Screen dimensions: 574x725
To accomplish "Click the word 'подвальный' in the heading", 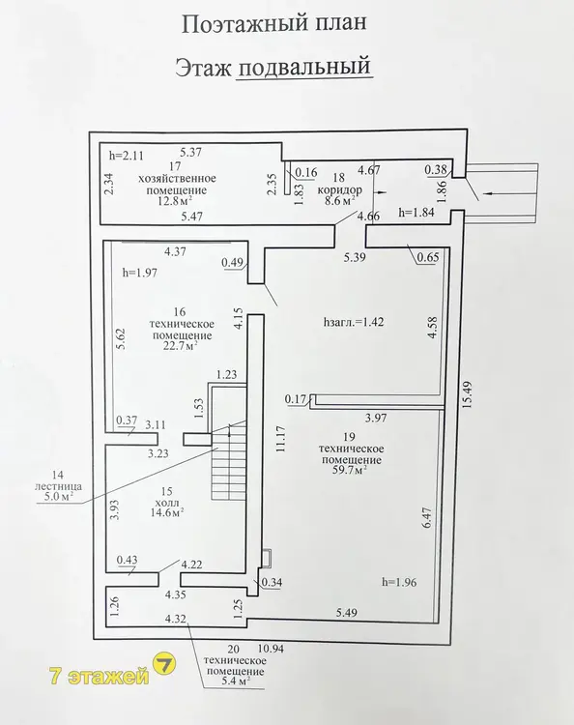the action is pyautogui.click(x=305, y=67).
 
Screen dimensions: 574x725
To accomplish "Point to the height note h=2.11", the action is pyautogui.click(x=127, y=156).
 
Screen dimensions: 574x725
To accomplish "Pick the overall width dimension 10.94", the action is pyautogui.click(x=272, y=649).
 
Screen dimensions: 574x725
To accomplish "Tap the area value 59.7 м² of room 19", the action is pyautogui.click(x=350, y=471).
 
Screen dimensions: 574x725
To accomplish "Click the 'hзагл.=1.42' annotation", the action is pyautogui.click(x=354, y=322).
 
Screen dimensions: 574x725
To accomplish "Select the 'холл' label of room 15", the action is pyautogui.click(x=167, y=502).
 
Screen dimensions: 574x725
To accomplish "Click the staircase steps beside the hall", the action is pyautogui.click(x=228, y=461).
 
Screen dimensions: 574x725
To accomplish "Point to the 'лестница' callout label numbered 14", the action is pyautogui.click(x=58, y=486).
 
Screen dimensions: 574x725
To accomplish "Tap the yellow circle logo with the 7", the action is pyautogui.click(x=164, y=664).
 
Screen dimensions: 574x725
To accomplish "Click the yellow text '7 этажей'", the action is pyautogui.click(x=100, y=677).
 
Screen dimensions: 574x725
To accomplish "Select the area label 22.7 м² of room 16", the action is pyautogui.click(x=181, y=346).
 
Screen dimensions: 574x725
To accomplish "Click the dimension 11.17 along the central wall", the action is pyautogui.click(x=281, y=439).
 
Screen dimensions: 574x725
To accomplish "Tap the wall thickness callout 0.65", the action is pyautogui.click(x=427, y=257).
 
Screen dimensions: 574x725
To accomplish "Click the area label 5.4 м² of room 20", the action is pyautogui.click(x=234, y=681).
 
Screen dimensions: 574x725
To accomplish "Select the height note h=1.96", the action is pyautogui.click(x=399, y=582).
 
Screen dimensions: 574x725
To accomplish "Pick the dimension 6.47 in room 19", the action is pyautogui.click(x=426, y=518).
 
